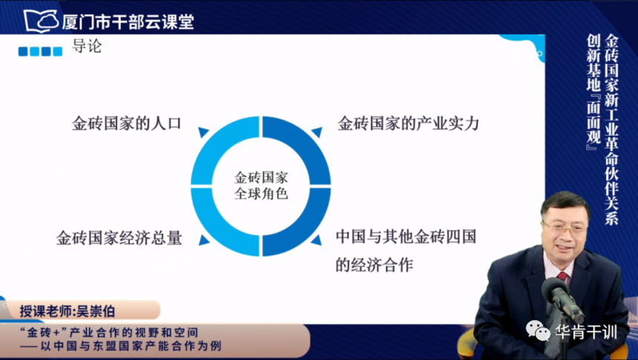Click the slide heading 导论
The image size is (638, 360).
87,46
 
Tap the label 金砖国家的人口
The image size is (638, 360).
127,123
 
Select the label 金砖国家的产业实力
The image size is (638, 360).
408,123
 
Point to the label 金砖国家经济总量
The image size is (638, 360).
119,238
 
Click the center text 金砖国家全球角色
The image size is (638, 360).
261,186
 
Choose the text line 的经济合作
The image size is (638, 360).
375,265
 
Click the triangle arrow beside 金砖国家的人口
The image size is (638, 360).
203,131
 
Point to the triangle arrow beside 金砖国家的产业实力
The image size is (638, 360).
318,131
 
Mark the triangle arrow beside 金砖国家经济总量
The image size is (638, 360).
203,240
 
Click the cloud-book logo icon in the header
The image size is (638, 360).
42,21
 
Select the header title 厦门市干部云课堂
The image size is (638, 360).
128,22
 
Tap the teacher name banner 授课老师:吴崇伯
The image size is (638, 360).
68,312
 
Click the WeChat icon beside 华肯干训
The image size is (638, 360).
538,330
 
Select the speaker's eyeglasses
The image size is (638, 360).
565,228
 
